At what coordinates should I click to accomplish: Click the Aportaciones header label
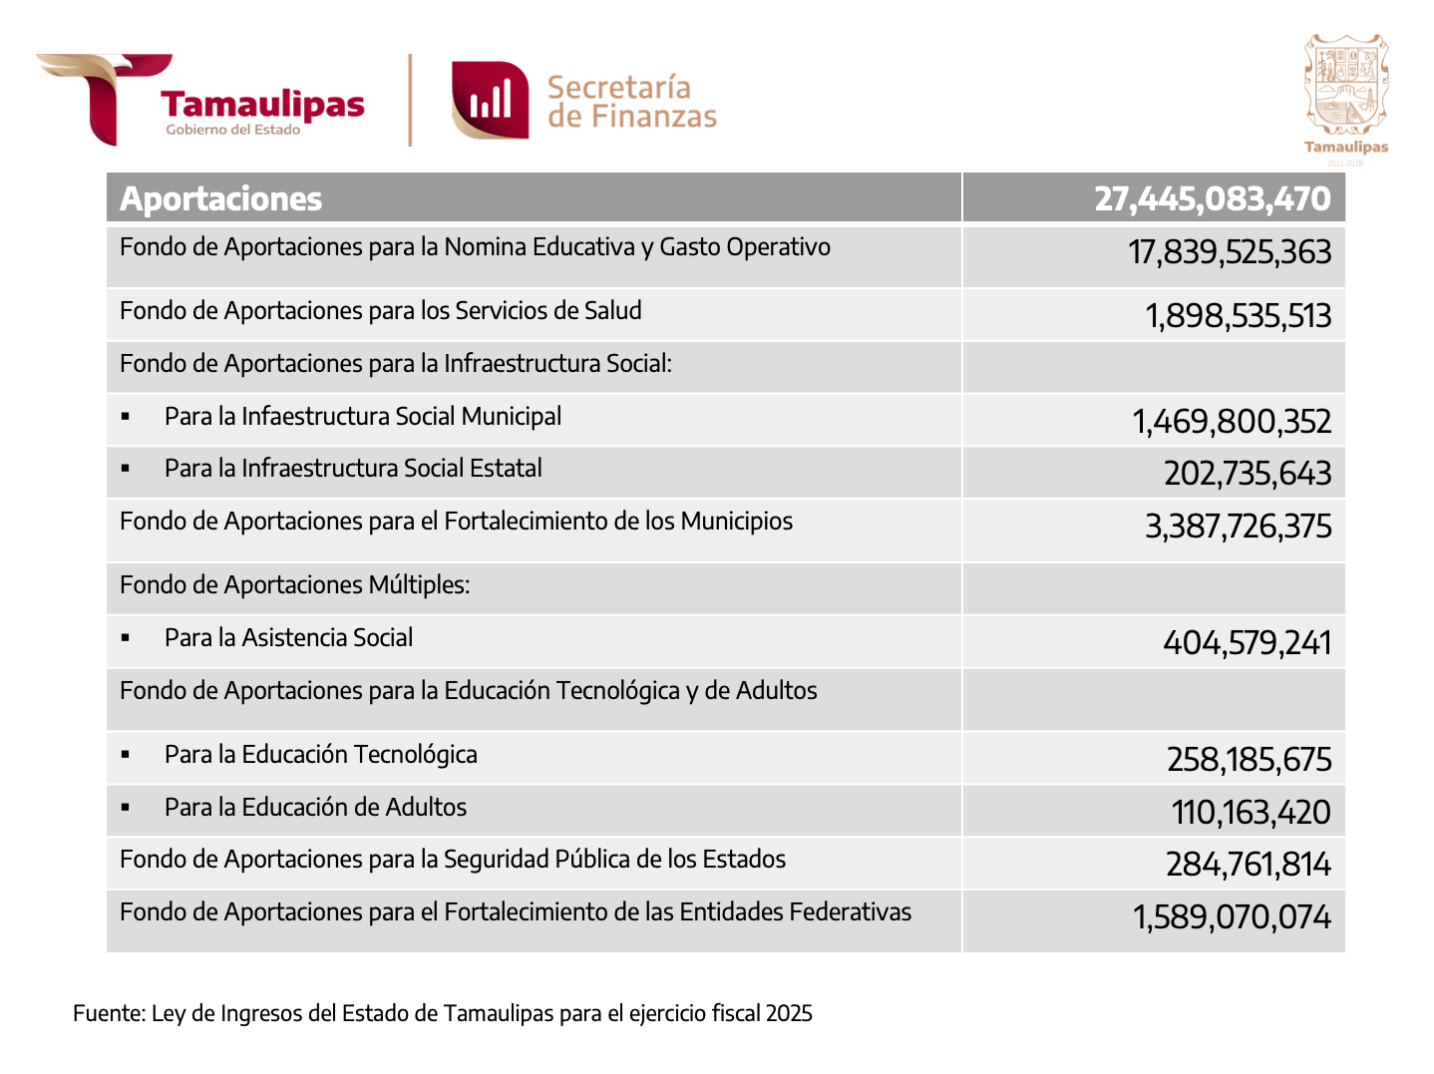pos(220,198)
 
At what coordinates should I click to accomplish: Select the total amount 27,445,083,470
pos(1212,198)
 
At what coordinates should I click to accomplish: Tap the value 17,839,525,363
pos(1229,252)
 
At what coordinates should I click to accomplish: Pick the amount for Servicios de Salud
pos(1238,315)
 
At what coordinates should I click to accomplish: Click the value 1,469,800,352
pos(1231,422)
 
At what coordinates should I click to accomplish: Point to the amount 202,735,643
pos(1247,473)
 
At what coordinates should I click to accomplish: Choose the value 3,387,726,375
pos(1238,526)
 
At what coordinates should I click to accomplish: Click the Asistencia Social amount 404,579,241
pos(1247,643)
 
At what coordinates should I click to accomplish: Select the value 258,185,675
pos(1249,760)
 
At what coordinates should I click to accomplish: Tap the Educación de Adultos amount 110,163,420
pos(1251,813)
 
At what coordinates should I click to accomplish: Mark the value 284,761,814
pos(1248,865)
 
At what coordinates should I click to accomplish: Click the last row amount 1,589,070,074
pos(1231,917)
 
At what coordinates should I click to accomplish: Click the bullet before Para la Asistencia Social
pos(126,637)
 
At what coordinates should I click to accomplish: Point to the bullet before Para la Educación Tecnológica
pos(126,755)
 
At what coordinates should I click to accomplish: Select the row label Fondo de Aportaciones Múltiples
pos(294,585)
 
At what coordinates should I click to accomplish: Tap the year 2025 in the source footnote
pos(789,1013)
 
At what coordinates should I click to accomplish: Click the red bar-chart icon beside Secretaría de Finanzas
pos(490,100)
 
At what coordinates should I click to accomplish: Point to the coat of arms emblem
pos(1346,85)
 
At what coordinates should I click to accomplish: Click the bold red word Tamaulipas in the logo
pos(262,105)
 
